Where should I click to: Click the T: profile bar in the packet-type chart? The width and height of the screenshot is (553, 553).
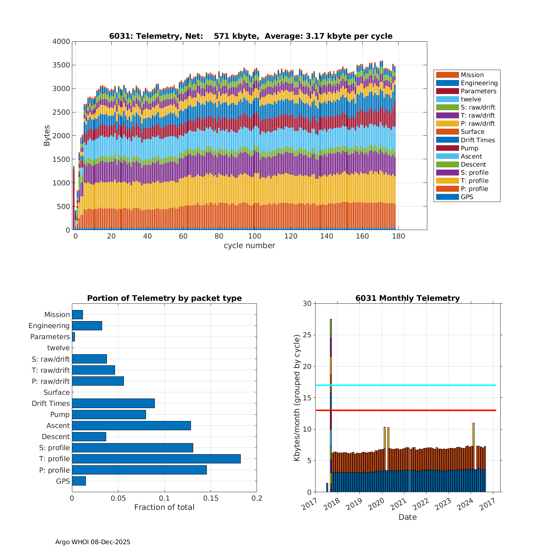[x=156, y=459]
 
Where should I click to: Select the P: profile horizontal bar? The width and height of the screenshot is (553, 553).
[x=139, y=470]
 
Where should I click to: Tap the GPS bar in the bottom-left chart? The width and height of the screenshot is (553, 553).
[x=79, y=481]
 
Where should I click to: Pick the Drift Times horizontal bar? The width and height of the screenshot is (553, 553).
[x=113, y=403]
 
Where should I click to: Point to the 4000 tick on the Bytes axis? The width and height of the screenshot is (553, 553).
[x=61, y=42]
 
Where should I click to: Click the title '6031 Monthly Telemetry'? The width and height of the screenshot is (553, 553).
[x=407, y=298]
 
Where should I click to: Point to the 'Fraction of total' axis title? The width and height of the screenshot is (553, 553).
[x=164, y=507]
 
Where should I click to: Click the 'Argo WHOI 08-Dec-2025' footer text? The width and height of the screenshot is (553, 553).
[x=93, y=542]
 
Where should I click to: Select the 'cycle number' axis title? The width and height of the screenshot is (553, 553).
[x=249, y=246]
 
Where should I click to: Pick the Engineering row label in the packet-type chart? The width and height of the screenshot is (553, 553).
[x=49, y=326]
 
